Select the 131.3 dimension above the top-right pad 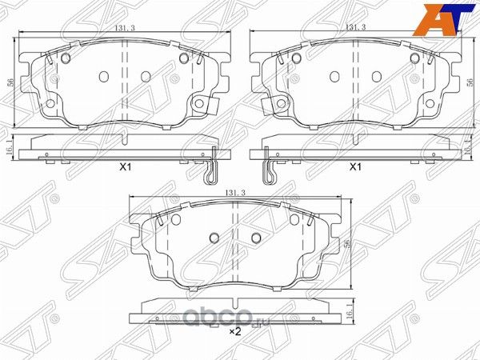click(355, 28)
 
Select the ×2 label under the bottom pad click(235, 331)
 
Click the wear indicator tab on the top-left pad click(208, 105)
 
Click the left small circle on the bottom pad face click(214, 238)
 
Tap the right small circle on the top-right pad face click(377, 75)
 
